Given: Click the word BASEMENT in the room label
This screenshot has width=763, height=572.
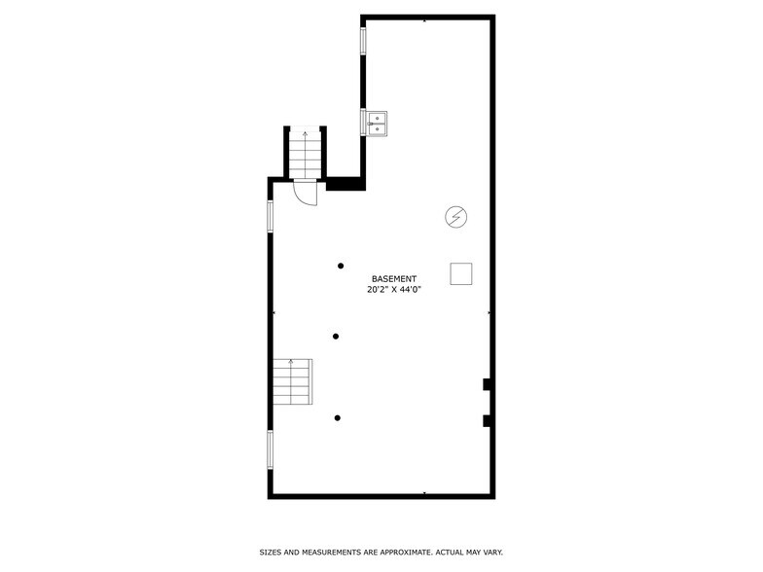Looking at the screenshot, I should (394, 278).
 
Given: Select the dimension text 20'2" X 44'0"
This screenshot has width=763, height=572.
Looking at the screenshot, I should (394, 289).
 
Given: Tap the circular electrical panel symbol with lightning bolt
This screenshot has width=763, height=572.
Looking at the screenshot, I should (454, 217).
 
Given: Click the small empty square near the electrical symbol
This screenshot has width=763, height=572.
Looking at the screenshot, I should (461, 274).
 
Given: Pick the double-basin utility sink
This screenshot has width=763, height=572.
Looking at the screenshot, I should (378, 122).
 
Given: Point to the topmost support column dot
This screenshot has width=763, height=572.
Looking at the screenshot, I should (341, 266).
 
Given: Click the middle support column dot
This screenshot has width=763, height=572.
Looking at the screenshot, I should (336, 337).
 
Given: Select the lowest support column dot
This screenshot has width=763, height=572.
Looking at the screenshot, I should (337, 418).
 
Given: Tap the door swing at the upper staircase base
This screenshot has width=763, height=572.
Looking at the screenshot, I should (305, 193).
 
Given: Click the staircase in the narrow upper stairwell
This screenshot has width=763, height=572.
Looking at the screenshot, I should (305, 156).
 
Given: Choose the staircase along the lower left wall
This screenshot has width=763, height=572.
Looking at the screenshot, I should (292, 382).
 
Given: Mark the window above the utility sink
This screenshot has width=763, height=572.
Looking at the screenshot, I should (363, 41).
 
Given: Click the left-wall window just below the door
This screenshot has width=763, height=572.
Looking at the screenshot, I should (271, 216).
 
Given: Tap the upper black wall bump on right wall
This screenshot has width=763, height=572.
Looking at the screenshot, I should (486, 384).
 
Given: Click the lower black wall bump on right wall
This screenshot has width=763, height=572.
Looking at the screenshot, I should (486, 420).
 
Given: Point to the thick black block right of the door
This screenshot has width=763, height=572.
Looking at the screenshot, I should (344, 184).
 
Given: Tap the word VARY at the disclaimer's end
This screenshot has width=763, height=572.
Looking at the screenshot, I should (491, 552).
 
